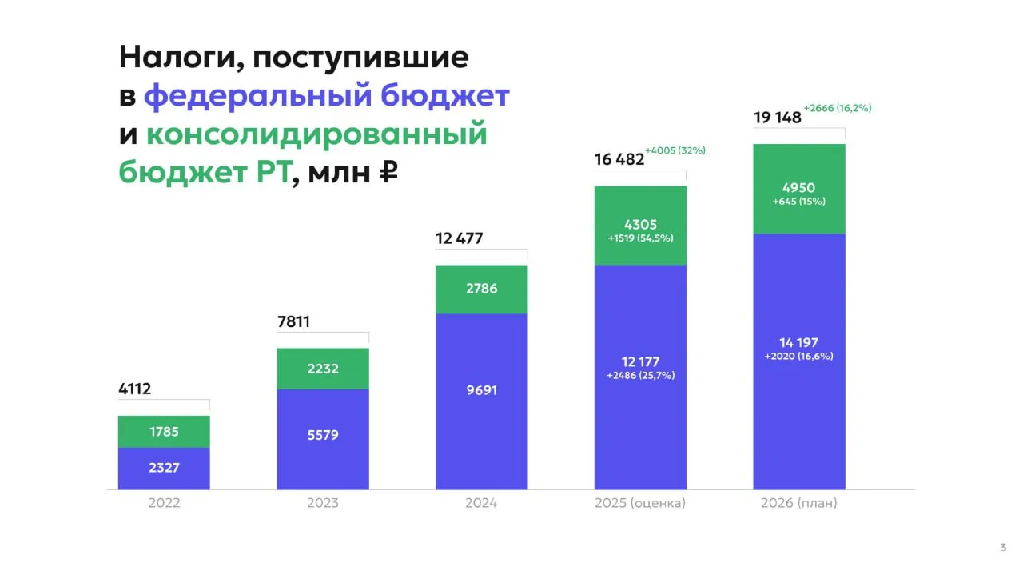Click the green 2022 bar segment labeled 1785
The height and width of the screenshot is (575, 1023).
point(164,432)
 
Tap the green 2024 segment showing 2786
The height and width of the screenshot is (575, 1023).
point(481,288)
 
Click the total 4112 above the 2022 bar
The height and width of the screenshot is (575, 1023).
point(134,390)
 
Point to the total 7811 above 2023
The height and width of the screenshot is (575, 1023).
point(293,323)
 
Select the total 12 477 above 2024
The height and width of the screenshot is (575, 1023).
point(460,238)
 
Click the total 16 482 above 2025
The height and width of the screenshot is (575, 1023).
point(619,159)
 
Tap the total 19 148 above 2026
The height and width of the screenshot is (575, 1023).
point(778,118)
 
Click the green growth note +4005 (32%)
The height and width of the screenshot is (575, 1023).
point(675,150)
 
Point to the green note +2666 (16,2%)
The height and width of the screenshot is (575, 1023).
point(837,108)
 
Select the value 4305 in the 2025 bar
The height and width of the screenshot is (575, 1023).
point(640,226)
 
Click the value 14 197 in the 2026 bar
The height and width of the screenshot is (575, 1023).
point(799,343)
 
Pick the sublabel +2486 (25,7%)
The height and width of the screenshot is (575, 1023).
point(640,375)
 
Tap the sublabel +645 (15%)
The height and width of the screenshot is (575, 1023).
point(799,202)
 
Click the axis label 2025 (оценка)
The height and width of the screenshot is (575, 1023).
point(640,503)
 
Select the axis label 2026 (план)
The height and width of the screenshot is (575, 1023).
point(799,503)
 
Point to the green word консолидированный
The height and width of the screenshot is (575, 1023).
point(316,134)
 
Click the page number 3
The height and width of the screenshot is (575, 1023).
point(1003,548)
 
